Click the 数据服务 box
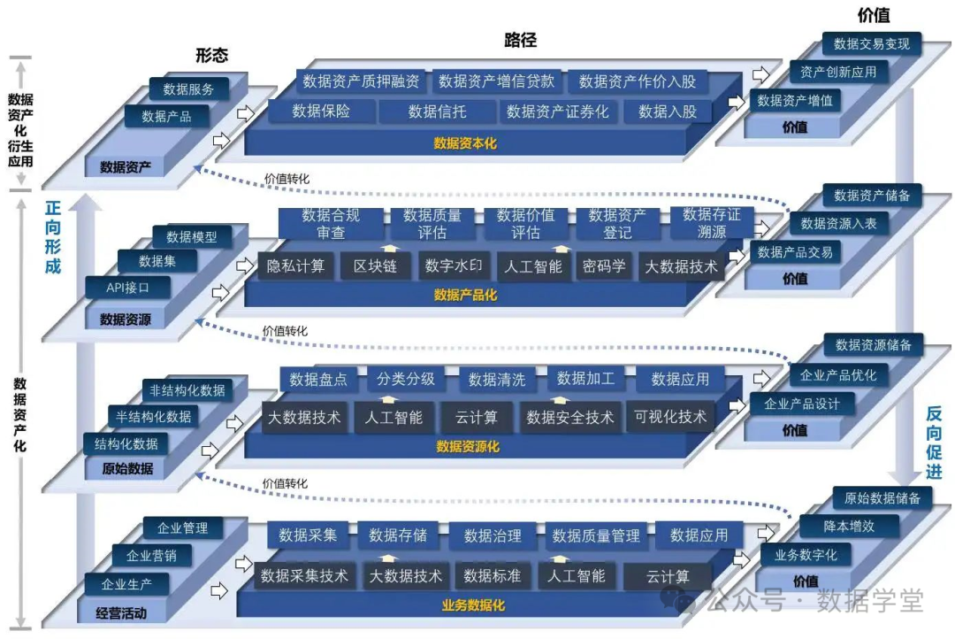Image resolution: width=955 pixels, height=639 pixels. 188,89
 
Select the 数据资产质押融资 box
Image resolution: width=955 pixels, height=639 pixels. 361,81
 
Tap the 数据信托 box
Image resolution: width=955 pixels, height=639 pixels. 437,112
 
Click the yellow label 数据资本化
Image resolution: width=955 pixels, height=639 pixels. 465,142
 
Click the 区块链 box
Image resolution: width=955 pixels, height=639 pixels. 374,266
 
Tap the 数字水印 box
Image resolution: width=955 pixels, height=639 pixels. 453,266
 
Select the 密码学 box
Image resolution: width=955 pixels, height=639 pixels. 604,266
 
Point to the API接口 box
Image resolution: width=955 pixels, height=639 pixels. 127,288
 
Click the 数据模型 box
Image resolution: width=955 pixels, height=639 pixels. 191,236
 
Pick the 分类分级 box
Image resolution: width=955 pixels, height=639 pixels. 406,379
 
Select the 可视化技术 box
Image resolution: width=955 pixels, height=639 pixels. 670,417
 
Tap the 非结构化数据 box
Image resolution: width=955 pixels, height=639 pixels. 187,390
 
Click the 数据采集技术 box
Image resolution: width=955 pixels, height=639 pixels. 304,576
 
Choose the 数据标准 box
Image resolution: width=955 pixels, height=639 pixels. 493,576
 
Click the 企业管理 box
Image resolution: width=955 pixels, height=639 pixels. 182,528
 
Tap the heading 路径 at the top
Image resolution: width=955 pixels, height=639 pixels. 520,40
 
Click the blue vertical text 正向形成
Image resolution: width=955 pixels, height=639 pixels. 53,236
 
